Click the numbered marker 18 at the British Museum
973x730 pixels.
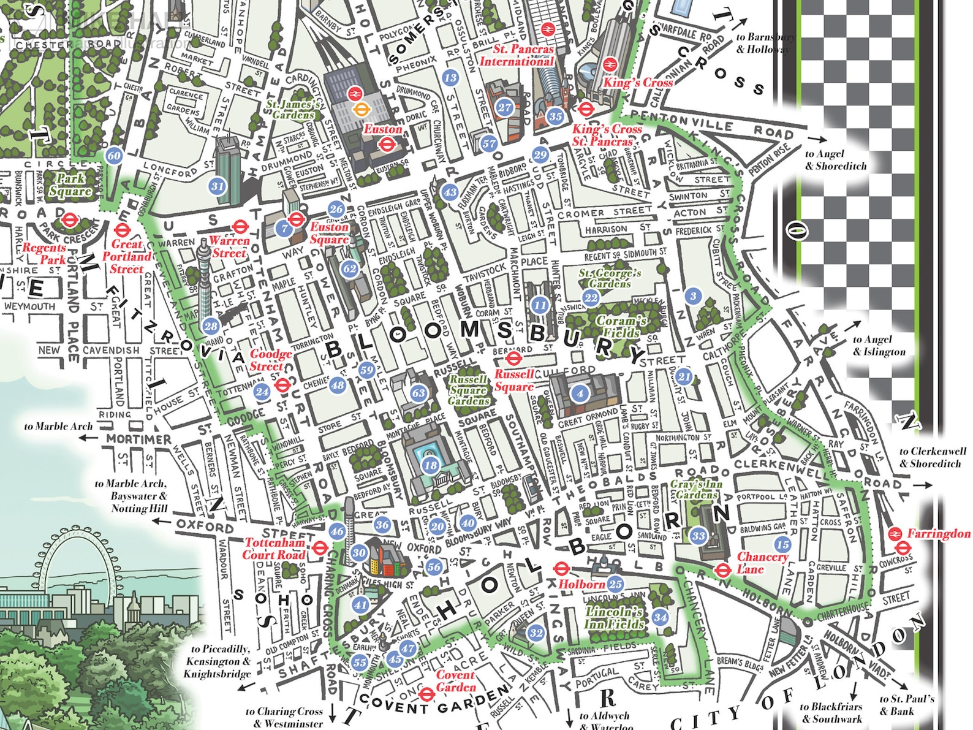click(x=431, y=465)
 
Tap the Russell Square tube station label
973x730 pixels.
click(x=514, y=381)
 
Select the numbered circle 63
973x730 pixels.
click(x=418, y=393)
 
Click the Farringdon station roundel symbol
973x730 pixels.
click(x=896, y=534)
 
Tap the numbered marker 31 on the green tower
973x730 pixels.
click(x=218, y=186)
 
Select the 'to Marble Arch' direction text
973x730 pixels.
click(x=59, y=426)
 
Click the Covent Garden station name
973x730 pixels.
click(x=455, y=681)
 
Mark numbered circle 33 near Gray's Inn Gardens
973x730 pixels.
click(x=699, y=536)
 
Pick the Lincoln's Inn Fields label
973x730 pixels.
click(x=614, y=618)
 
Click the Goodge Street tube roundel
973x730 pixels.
click(x=282, y=386)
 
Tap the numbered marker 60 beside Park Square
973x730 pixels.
click(x=114, y=156)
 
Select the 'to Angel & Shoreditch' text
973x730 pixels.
click(x=836, y=160)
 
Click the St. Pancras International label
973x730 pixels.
click(x=517, y=55)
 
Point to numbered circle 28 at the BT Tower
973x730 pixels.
click(x=211, y=326)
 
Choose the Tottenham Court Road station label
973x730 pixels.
click(x=274, y=549)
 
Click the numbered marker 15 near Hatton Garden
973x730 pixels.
click(x=782, y=544)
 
